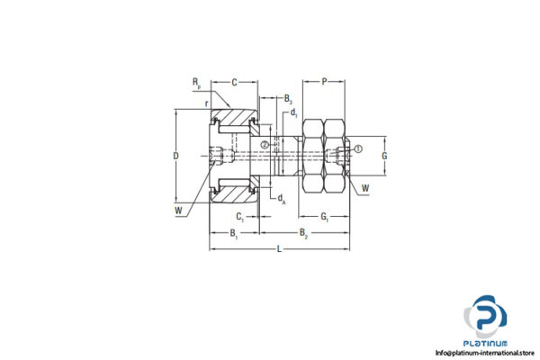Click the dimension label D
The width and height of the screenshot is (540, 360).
click(176, 156)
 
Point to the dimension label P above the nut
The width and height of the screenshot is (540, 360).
click(324, 82)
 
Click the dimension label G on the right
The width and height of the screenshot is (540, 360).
click(383, 156)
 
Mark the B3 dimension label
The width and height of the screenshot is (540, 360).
click(288, 97)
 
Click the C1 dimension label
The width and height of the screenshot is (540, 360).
click(240, 217)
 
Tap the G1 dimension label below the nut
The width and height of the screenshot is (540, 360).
click(326, 217)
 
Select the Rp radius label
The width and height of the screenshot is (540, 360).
click(196, 83)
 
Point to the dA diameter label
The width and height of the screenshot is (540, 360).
click(282, 199)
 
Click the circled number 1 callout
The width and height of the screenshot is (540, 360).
click(357, 148)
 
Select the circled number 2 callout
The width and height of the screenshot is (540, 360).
click(265, 145)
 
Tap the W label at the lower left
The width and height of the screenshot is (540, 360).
click(180, 212)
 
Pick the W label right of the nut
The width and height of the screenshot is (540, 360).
click(365, 188)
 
